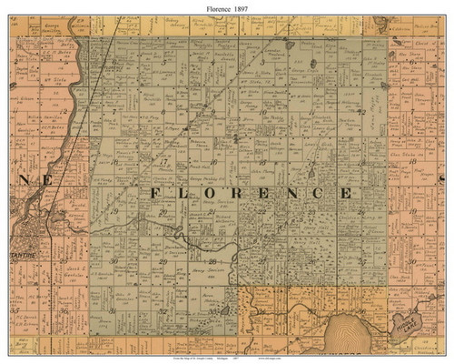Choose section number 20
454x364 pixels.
coord(162,211)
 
